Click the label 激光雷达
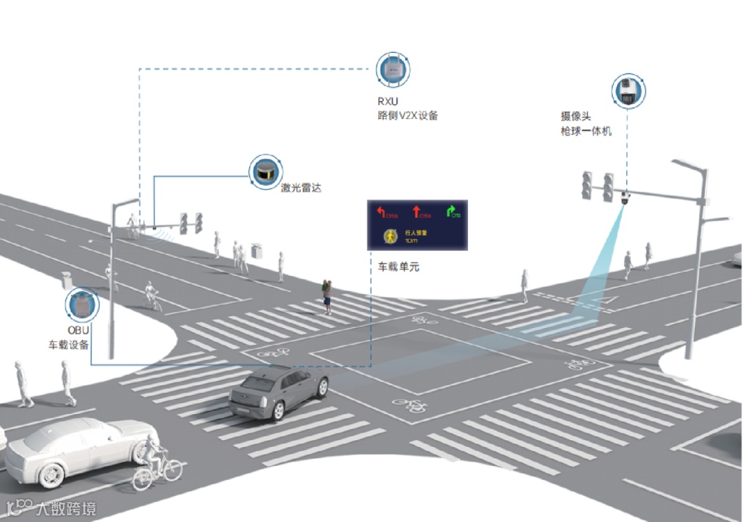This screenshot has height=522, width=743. [301, 188]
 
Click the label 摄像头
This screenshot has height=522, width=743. [576, 117]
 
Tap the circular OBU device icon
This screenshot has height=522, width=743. [83, 306]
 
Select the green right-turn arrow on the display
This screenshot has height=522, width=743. [451, 210]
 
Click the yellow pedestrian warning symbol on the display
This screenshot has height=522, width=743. [390, 236]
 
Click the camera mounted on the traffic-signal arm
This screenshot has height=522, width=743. [625, 199]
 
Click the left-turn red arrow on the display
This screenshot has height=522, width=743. [380, 210]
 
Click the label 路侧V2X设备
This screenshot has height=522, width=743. [403, 116]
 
